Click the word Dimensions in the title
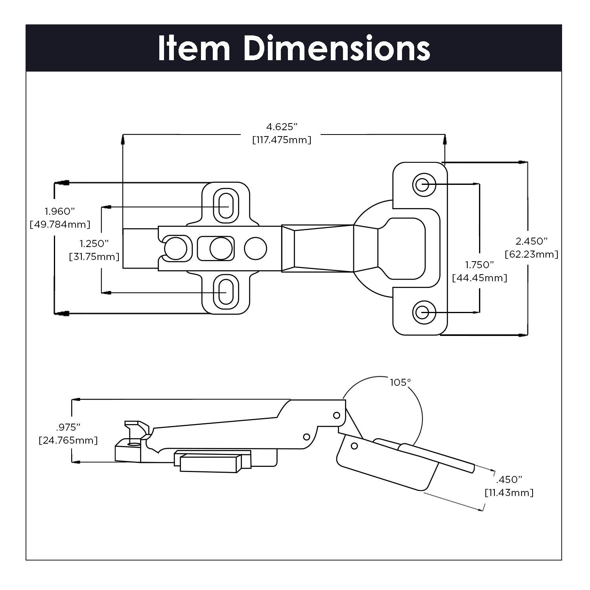coord(337,48)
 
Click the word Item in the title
coord(194,48)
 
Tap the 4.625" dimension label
coord(282,127)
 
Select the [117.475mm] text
coord(282,140)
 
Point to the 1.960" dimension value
coord(60,212)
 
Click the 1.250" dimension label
coord(94,243)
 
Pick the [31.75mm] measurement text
coord(94,257)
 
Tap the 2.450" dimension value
coord(531,241)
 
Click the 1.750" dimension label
coord(479,265)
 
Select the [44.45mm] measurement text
coord(479,278)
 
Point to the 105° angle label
coord(400,382)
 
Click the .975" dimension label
coord(68,427)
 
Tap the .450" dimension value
coord(509,479)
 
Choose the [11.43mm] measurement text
coord(509,492)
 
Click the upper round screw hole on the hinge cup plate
coord(422,184)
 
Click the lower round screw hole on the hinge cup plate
coord(422,313)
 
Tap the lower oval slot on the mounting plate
coord(226,292)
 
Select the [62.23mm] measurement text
coord(531,254)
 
